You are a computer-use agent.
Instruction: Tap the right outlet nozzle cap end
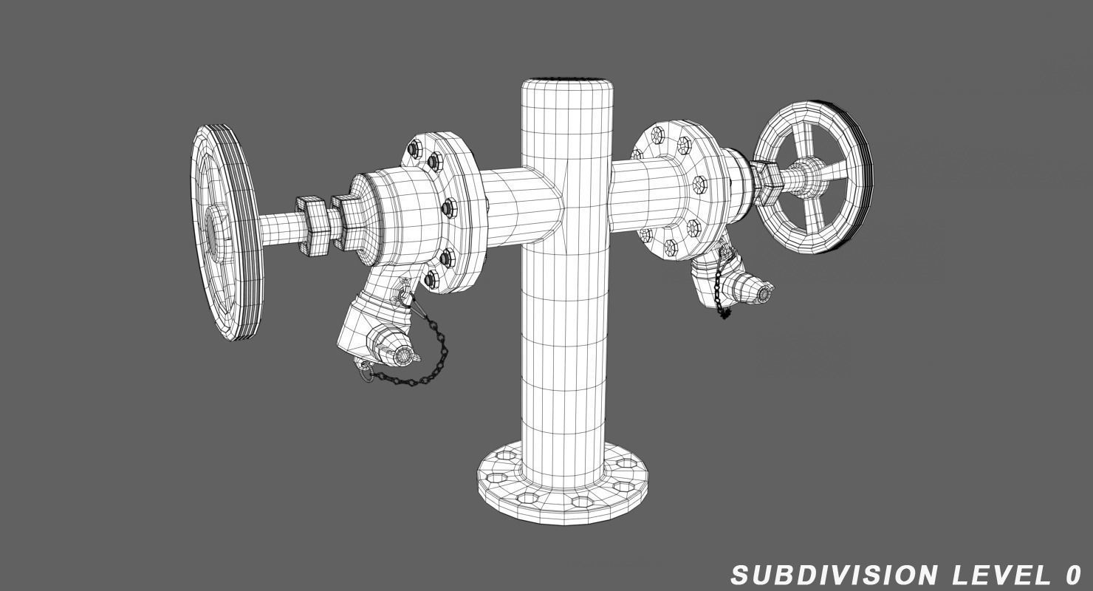pos(764,293)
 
